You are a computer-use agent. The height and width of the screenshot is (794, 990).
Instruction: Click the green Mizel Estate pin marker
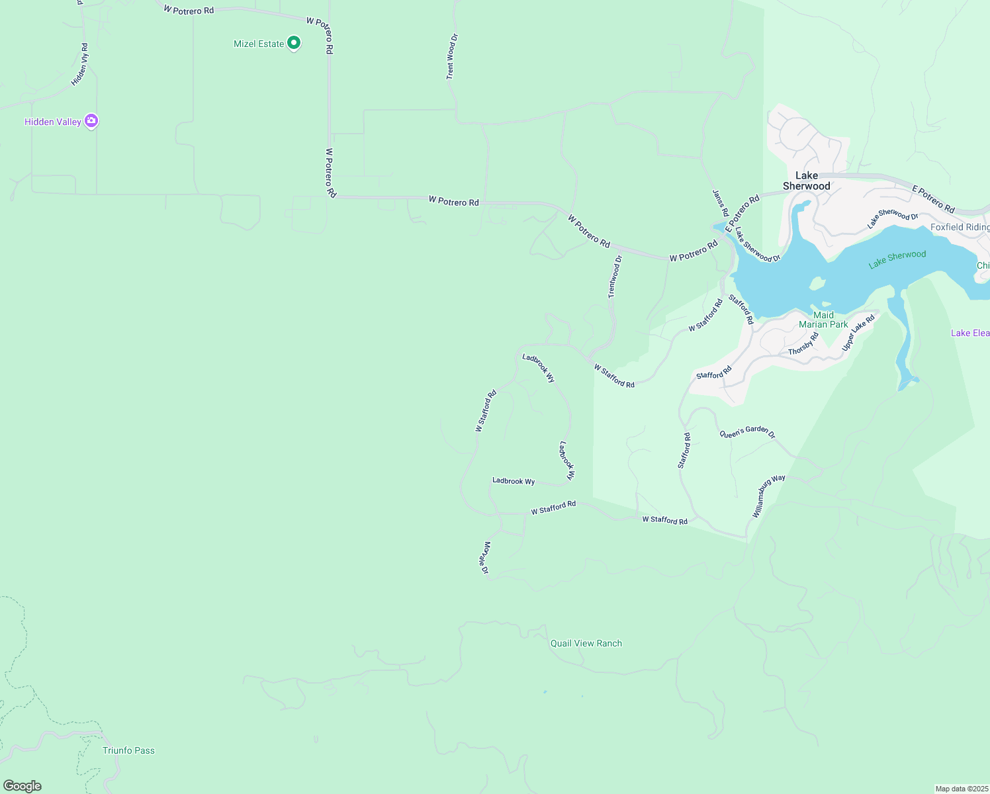294,44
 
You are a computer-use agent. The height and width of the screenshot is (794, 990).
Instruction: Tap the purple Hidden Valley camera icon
91,121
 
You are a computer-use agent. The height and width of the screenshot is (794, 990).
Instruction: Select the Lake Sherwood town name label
806,181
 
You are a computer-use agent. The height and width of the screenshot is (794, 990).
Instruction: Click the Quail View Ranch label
586,643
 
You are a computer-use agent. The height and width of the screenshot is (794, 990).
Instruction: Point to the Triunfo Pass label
128,750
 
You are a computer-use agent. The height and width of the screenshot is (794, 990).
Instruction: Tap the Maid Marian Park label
823,320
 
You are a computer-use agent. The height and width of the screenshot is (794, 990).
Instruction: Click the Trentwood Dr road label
615,277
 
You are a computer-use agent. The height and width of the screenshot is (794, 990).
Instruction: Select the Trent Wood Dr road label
451,57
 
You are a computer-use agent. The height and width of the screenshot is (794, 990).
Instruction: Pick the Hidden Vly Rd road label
79,65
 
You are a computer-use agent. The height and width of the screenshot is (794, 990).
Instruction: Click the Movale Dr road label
486,558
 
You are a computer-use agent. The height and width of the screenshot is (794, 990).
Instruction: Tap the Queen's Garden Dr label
747,432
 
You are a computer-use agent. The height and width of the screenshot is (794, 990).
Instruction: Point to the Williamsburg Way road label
768,496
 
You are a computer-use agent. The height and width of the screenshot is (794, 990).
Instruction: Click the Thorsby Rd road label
803,344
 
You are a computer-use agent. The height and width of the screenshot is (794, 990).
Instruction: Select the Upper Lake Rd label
858,333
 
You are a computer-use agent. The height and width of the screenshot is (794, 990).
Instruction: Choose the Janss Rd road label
720,203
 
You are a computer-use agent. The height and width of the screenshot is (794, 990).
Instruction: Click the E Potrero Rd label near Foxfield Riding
933,198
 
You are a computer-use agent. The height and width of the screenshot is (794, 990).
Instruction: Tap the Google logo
22,786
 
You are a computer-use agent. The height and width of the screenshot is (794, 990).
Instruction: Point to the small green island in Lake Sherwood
817,283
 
